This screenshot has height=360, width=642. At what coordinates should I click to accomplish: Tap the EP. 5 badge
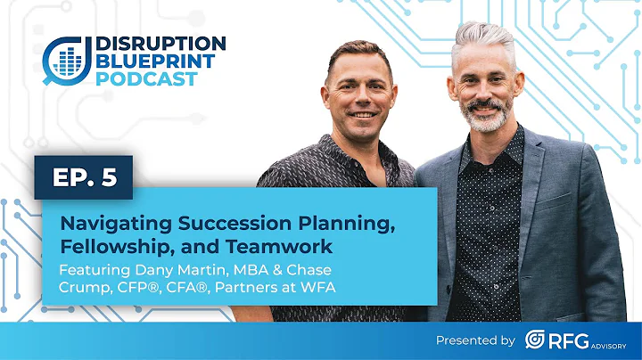[83, 178]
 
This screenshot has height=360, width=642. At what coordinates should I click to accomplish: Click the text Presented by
[476, 340]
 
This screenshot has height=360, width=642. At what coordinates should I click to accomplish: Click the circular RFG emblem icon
[537, 340]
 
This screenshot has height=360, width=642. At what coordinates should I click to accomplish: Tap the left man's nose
[358, 101]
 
